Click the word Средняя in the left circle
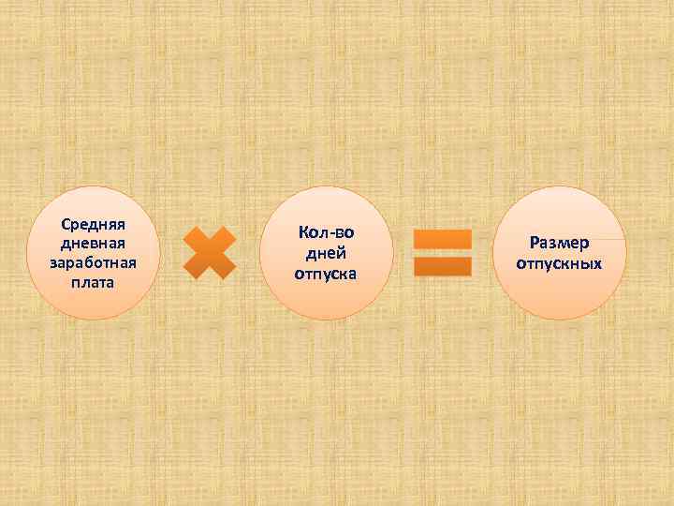click(94, 225)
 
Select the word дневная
click(94, 244)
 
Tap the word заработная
click(94, 262)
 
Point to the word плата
click(94, 281)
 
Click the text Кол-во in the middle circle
click(327, 232)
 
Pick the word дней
click(327, 253)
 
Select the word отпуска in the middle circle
click(327, 274)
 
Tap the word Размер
click(559, 244)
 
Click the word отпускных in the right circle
click(559, 263)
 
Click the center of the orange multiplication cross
click(209, 253)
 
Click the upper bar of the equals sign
click(442, 239)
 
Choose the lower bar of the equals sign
click(442, 267)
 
